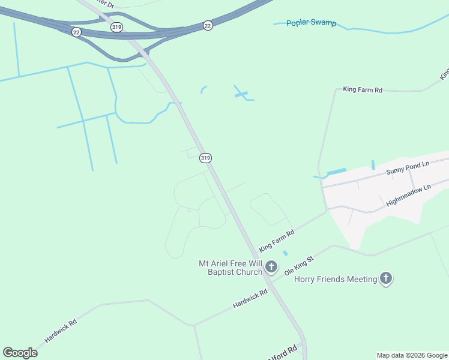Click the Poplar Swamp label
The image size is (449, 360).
[x=312, y=23]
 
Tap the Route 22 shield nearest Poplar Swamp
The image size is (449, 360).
[x=208, y=25]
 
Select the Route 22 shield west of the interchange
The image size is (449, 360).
[x=76, y=32]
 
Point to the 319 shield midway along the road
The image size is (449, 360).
[x=206, y=158]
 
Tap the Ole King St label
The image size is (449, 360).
[x=299, y=265]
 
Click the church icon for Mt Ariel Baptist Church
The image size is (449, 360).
[x=271, y=266]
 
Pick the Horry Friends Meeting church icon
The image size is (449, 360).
[x=386, y=278]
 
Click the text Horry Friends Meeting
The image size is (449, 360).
[x=335, y=279]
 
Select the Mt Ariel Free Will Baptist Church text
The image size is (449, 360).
[x=231, y=268]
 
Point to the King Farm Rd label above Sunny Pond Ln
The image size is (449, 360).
[x=362, y=90]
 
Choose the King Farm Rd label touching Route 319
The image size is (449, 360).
[x=277, y=241]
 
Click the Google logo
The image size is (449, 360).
[x=20, y=353]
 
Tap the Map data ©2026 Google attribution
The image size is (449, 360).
[x=412, y=355]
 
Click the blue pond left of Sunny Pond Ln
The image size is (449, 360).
[x=336, y=172]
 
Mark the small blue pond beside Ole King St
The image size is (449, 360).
[x=285, y=253]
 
